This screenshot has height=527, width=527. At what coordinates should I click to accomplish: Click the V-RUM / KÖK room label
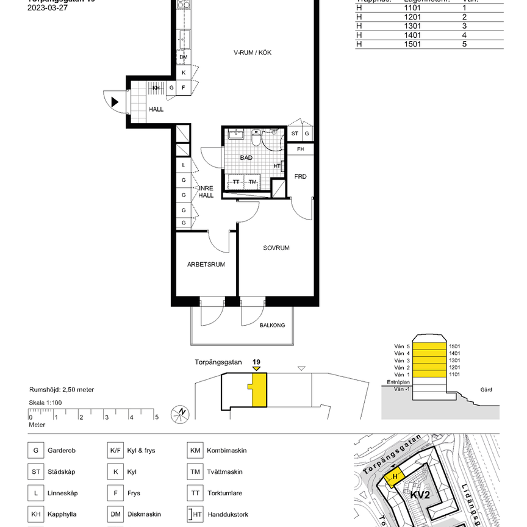pos(252,52)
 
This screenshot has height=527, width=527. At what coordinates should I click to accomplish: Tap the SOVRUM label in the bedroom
pos(276,248)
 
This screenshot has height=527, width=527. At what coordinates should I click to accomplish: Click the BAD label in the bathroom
pos(246,157)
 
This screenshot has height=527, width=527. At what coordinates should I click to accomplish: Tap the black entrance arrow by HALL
pos(115,101)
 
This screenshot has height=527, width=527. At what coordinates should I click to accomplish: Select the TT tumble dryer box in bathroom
pos(235,182)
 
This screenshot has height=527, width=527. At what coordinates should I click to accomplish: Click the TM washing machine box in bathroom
pos(253,182)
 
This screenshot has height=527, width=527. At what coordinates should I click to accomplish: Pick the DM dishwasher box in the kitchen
pos(183,57)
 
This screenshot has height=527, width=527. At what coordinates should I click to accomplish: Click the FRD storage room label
pos(300,176)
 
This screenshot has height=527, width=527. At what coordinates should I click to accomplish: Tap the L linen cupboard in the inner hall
pos(183,165)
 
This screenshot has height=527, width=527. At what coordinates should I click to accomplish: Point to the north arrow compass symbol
pos(181,412)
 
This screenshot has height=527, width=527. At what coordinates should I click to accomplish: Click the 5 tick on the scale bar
pos(156,417)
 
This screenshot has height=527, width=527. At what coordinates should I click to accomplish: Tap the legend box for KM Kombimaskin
pos(195,451)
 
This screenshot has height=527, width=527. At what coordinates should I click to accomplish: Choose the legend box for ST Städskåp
pos(35,471)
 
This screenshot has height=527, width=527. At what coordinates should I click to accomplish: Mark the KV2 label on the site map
pos(420,495)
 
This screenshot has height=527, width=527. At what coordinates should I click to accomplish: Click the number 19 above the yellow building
pos(256,362)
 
